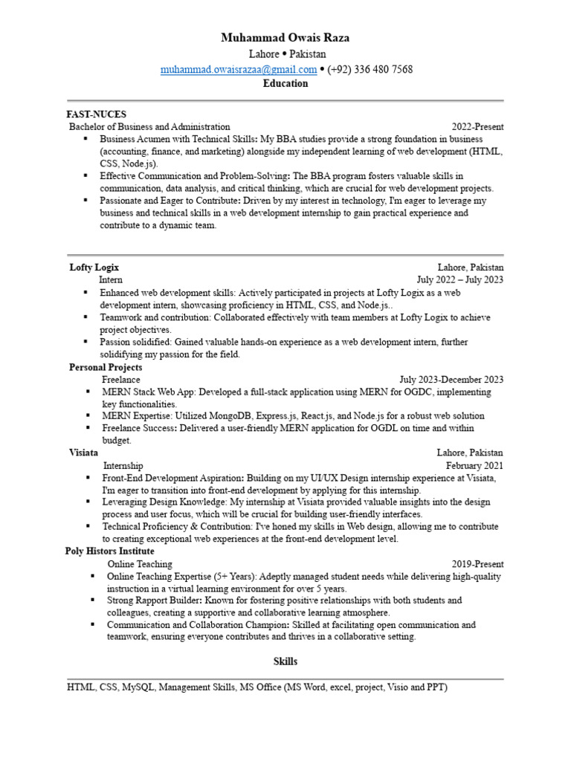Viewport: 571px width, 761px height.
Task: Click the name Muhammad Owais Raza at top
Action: click(x=285, y=38)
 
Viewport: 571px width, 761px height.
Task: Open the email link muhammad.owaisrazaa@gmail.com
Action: click(x=239, y=69)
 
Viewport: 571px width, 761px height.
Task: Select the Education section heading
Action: click(x=285, y=83)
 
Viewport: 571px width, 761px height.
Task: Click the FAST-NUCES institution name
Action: click(x=97, y=114)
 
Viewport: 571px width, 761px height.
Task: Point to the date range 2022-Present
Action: click(x=477, y=127)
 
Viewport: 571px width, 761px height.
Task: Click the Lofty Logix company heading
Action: click(x=94, y=267)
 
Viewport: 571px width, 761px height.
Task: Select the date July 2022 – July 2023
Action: click(x=460, y=279)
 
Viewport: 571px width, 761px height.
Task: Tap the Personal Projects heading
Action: click(x=106, y=367)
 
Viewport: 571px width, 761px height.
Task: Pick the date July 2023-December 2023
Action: click(x=451, y=380)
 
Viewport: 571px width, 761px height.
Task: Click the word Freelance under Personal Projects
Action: click(x=121, y=380)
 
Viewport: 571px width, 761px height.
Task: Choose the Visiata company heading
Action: click(x=84, y=452)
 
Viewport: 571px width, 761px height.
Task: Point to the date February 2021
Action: click(x=474, y=464)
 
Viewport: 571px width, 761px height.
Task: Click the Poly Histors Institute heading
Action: click(x=110, y=551)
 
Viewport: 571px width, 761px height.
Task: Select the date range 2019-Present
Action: click(x=477, y=564)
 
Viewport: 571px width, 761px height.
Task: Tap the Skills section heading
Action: click(x=285, y=661)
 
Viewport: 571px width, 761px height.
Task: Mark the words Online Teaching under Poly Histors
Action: click(x=140, y=564)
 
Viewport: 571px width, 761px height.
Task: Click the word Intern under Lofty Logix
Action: click(x=111, y=279)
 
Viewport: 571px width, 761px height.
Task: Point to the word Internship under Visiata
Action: click(x=123, y=464)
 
